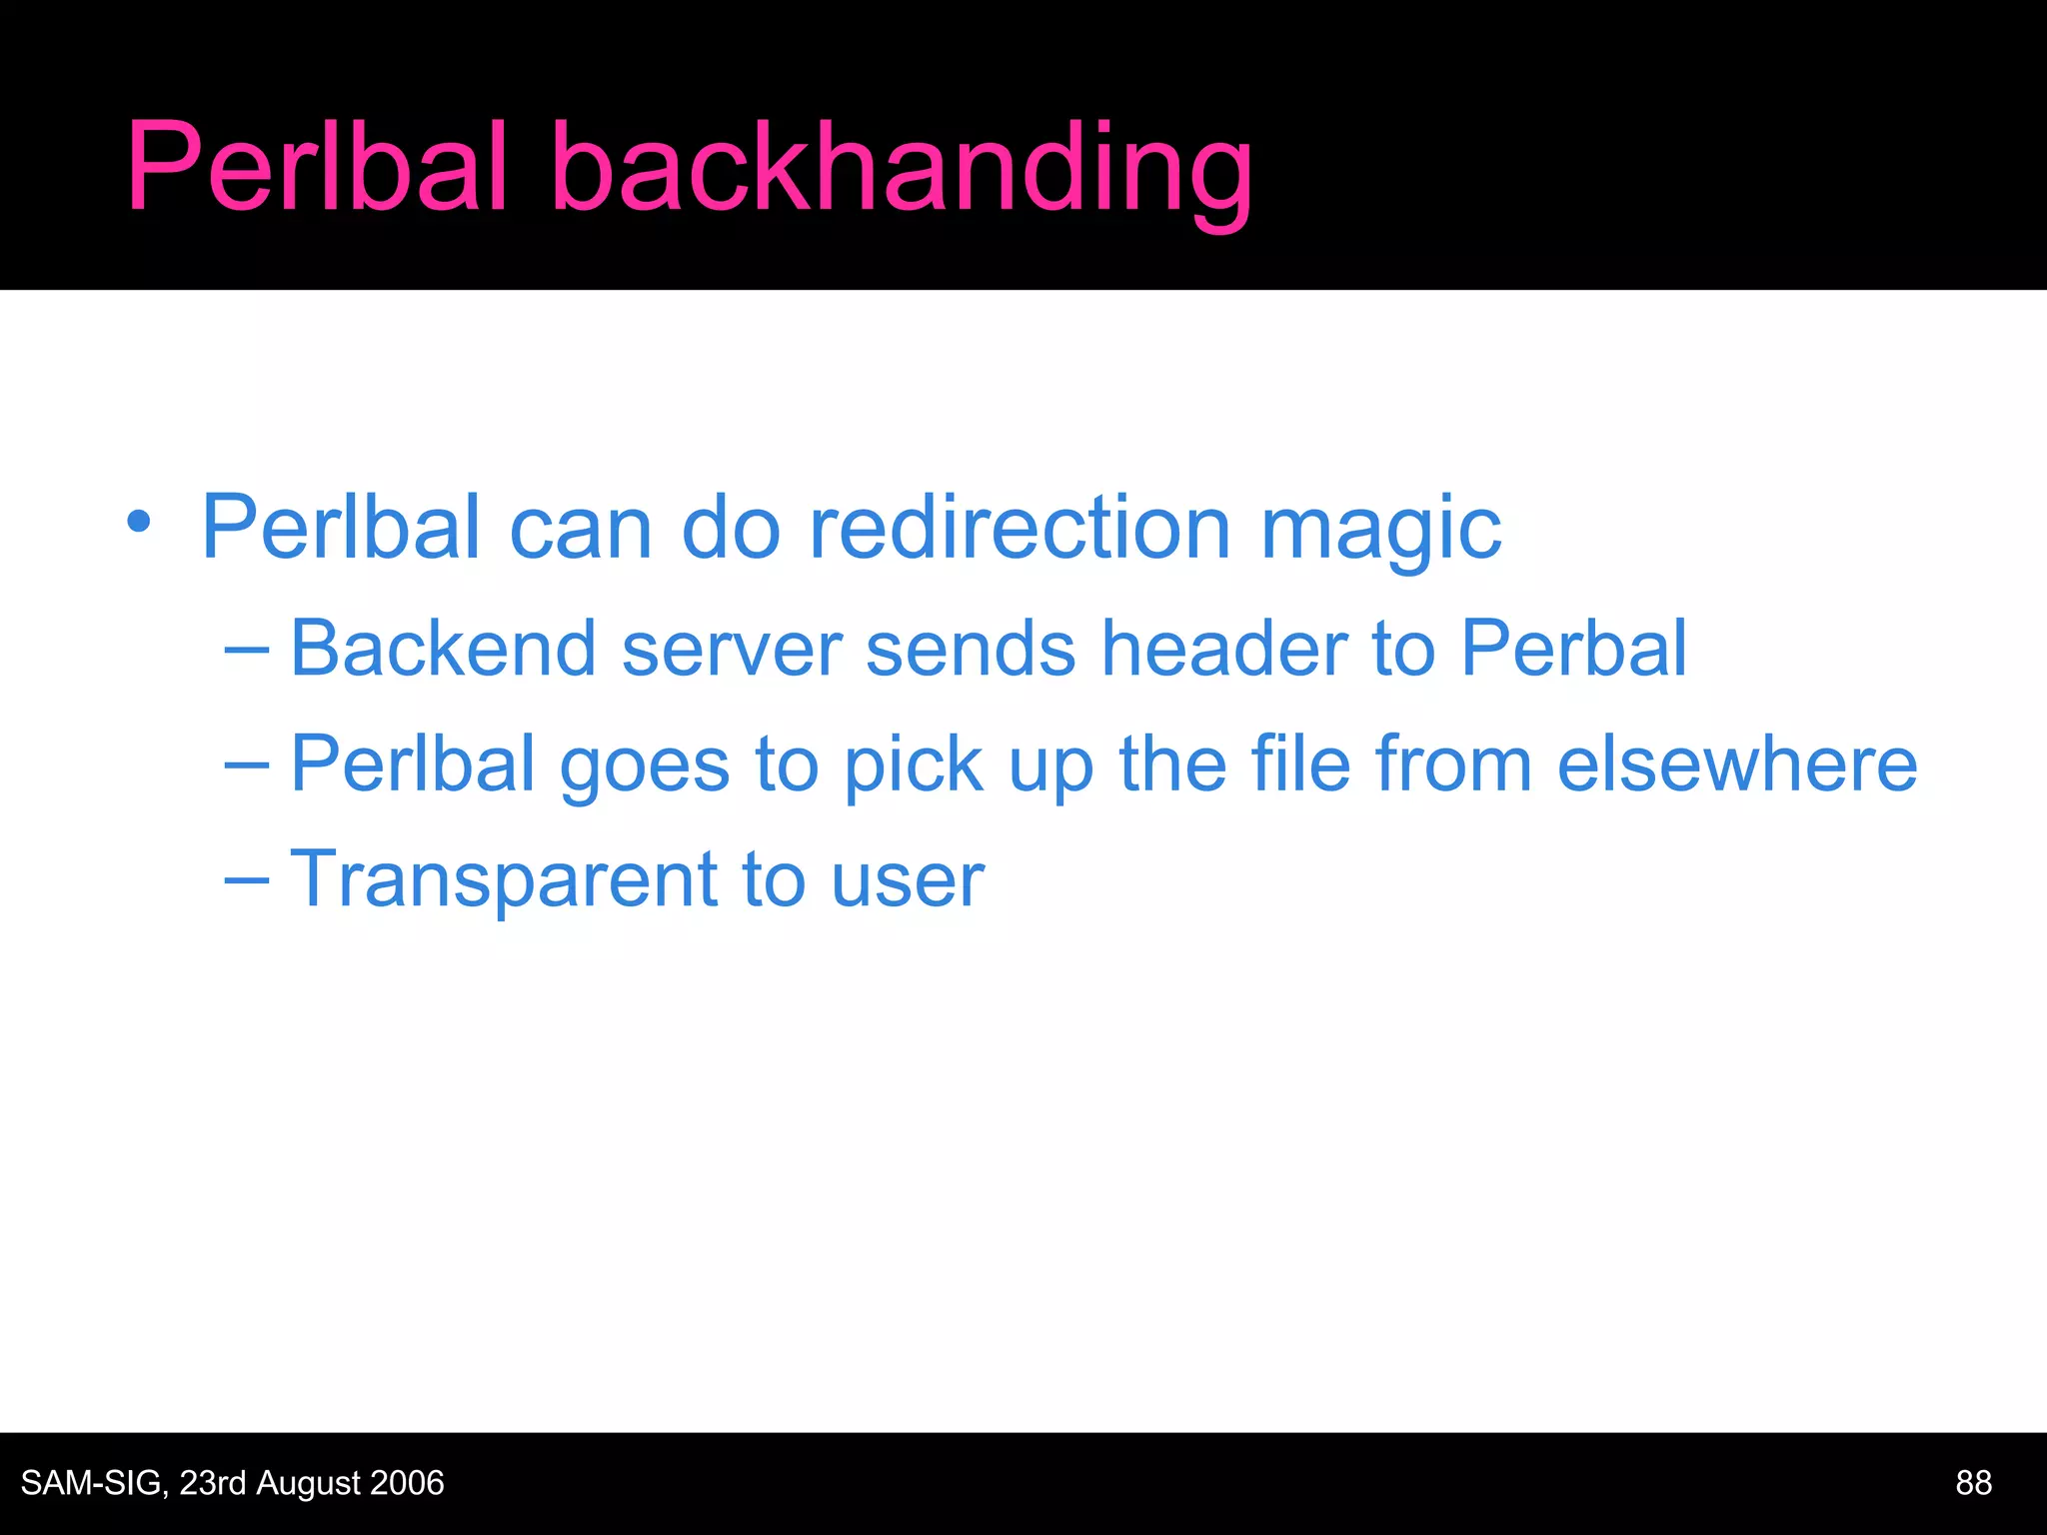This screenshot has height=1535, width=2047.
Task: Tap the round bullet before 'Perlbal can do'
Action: (x=139, y=522)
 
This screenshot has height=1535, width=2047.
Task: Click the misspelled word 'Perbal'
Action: (x=1573, y=649)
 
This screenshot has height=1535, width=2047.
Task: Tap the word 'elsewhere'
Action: (x=1737, y=765)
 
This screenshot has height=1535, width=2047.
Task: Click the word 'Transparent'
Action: (x=504, y=880)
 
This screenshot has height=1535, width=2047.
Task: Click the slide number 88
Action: (x=1973, y=1483)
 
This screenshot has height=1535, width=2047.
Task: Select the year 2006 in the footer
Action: (x=406, y=1483)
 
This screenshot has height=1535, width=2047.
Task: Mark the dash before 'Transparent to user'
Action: (x=247, y=880)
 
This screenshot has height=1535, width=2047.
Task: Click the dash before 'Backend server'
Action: (x=247, y=651)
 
